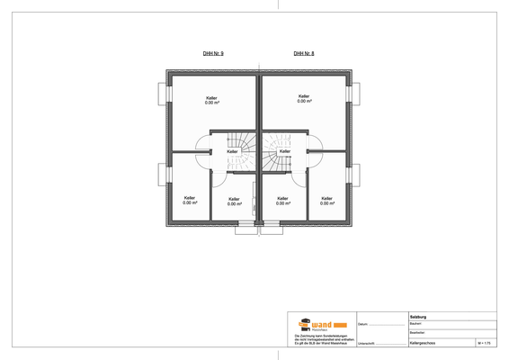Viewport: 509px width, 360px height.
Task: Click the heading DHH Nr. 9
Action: coord(214,55)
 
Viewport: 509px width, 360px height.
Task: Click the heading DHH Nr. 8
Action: coord(304,55)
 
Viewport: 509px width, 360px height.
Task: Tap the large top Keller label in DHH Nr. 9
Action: coord(212,99)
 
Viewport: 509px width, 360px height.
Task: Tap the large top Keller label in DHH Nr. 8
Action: coord(304,97)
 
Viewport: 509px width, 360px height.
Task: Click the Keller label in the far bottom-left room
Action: coord(189,200)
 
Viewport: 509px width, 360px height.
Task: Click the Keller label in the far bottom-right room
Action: coord(326,200)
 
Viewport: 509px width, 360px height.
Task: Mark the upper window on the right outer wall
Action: coord(356,94)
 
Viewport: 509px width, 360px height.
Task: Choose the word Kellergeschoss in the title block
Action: coord(424,343)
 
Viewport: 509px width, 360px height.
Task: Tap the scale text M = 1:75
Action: coord(487,343)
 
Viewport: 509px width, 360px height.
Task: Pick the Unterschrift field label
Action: coord(367,343)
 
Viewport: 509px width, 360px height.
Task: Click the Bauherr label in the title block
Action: coord(416,323)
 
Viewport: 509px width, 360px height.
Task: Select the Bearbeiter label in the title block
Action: coord(418,332)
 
